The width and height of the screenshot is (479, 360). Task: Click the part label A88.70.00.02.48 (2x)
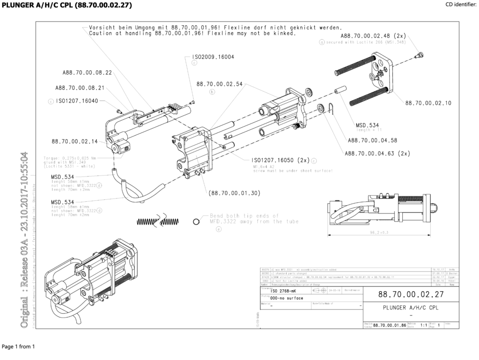pyautogui.click(x=373, y=36)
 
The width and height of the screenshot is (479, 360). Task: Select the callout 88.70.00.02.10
pyautogui.click(x=428, y=103)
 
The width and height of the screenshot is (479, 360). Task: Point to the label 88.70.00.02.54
pyautogui.click(x=219, y=84)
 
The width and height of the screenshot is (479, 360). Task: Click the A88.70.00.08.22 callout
pyautogui.click(x=87, y=73)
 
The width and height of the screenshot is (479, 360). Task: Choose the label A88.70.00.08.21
pyautogui.click(x=80, y=88)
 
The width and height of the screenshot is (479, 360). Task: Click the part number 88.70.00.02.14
pyautogui.click(x=74, y=141)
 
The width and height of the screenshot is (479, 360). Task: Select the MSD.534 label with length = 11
pyautogui.click(x=367, y=125)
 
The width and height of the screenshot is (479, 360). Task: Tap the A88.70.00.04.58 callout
pyautogui.click(x=372, y=140)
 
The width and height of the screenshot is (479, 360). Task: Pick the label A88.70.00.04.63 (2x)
pyautogui.click(x=377, y=153)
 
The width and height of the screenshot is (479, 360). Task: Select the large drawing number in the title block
pyautogui.click(x=404, y=295)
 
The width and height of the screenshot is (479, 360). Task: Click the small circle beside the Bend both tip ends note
pyautogui.click(x=196, y=221)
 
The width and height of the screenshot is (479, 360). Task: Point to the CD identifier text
pyautogui.click(x=462, y=5)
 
